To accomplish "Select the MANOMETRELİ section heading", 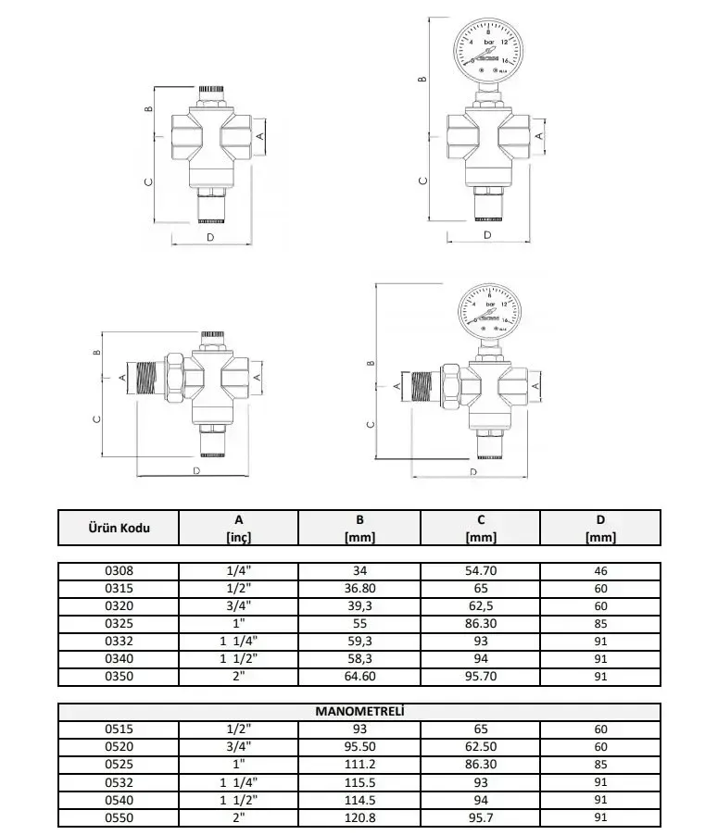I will (x=359, y=712).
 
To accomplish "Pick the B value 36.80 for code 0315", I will (x=359, y=589).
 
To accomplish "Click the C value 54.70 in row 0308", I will (x=481, y=571).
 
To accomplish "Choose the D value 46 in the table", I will (x=599, y=571).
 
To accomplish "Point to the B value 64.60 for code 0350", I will (x=359, y=678).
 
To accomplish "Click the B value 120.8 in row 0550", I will (x=359, y=817).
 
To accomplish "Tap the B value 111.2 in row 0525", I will (x=359, y=765).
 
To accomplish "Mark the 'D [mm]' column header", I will (x=599, y=528).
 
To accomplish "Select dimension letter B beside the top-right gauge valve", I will (x=422, y=80).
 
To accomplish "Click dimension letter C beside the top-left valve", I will (x=147, y=182).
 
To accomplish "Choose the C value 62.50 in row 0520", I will (x=481, y=747).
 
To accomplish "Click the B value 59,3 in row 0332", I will (x=359, y=642).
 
